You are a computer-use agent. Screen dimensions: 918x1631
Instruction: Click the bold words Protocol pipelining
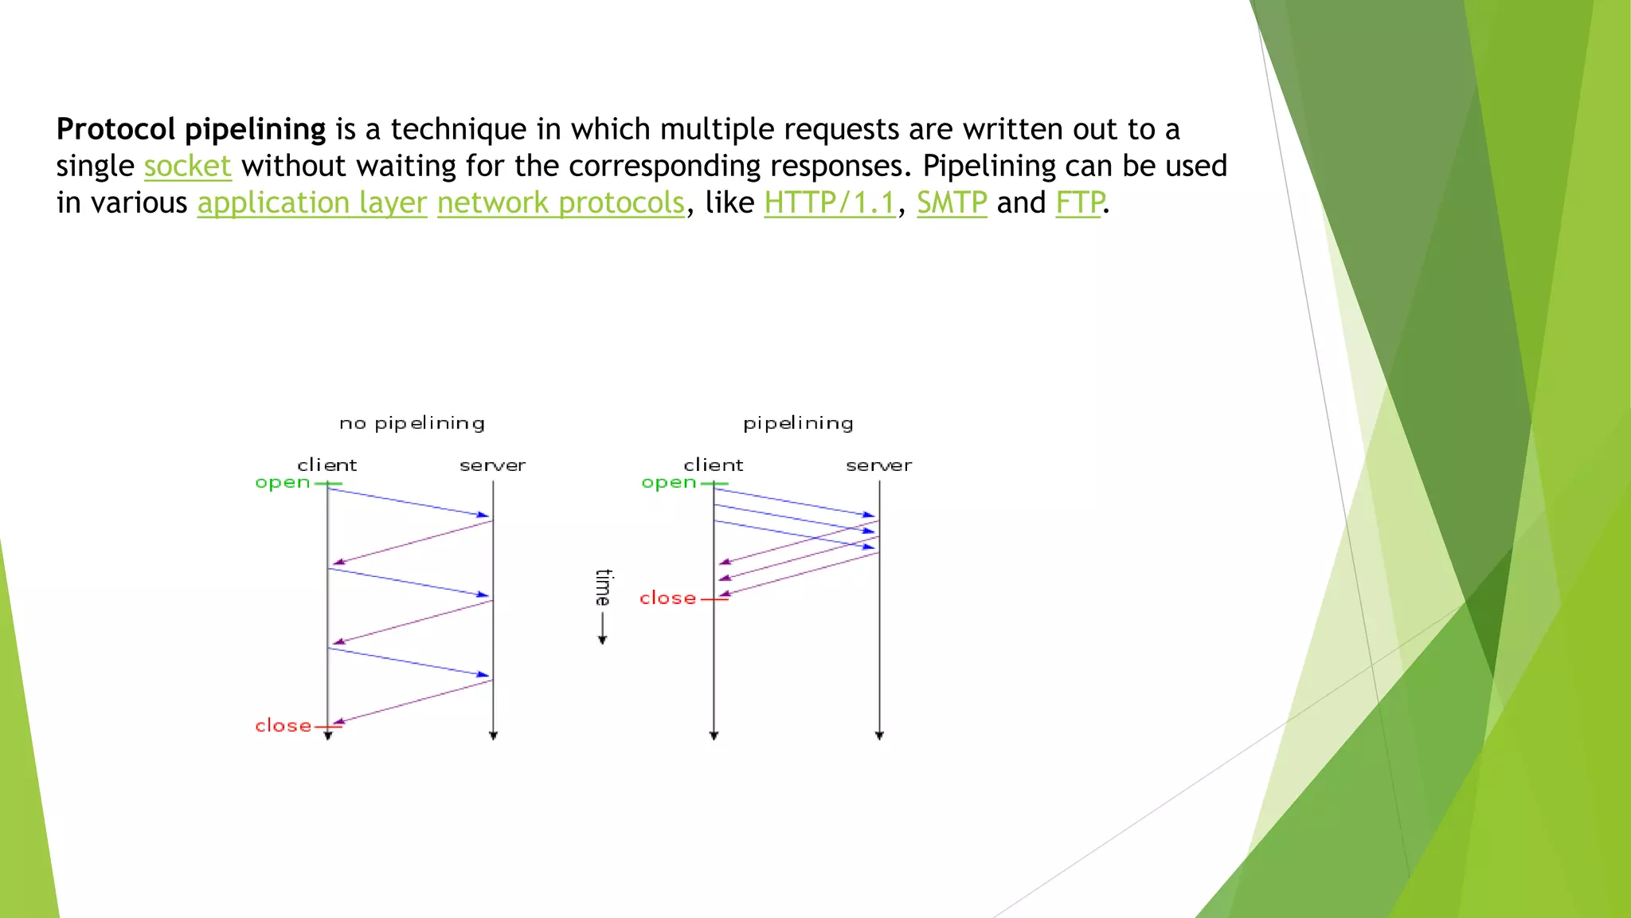[191, 129]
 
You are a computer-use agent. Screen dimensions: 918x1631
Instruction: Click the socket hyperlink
[187, 166]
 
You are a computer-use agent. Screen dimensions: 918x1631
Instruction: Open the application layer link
[312, 202]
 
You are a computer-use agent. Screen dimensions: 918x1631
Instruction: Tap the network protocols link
[561, 202]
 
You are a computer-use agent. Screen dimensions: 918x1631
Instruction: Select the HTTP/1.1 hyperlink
[830, 202]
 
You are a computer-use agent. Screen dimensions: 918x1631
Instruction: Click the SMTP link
[952, 202]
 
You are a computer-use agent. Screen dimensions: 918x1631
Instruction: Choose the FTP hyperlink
[1079, 202]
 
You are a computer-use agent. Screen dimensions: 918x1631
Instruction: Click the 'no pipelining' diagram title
[412, 423]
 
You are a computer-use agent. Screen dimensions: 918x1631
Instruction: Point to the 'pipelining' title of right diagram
[798, 423]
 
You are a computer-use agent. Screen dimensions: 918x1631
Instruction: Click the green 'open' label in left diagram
[283, 483]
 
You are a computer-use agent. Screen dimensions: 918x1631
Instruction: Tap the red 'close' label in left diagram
[283, 726]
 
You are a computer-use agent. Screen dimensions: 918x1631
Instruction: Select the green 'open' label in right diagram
[669, 483]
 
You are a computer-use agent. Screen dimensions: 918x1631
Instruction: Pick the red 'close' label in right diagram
[667, 598]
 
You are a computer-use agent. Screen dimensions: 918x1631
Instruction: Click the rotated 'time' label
[603, 587]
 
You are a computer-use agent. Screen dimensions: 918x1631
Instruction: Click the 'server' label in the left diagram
[492, 465]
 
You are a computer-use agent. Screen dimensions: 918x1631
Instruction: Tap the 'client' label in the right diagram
[713, 465]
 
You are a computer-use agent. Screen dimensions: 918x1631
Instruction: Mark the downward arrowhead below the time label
[602, 639]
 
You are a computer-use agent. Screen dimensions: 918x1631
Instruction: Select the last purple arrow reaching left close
[413, 702]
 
